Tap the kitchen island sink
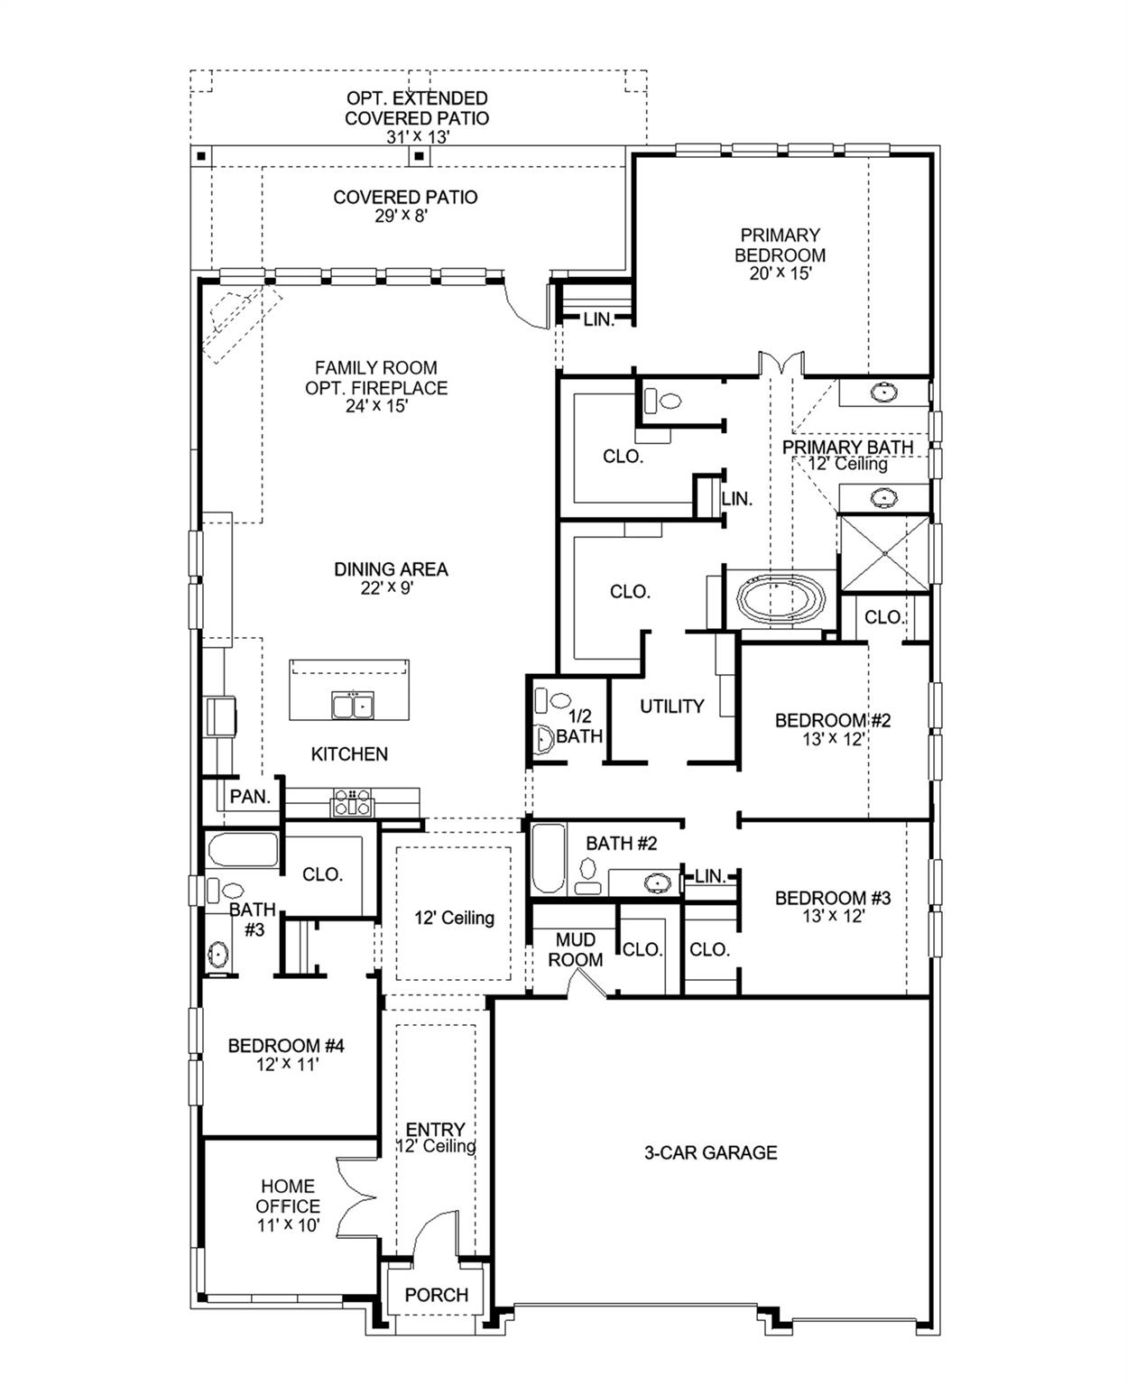pos(353,705)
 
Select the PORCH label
pos(437,1295)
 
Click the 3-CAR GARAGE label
pos(710,1152)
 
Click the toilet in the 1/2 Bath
pos(543,738)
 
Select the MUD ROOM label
pos(575,950)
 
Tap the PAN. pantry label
pos(250,797)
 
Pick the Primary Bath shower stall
pos(883,552)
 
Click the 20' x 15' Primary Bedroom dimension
pos(781,274)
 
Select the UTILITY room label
pos(671,707)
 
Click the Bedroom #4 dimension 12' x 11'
pos(287,1065)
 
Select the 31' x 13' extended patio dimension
pos(418,137)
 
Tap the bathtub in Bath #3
pos(243,850)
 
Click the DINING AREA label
pos(391,569)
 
